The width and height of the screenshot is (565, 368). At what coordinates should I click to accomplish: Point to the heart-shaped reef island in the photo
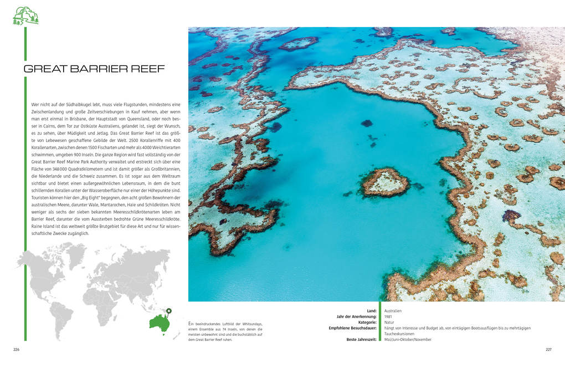[x=384, y=182]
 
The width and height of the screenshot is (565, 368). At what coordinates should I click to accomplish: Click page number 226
[x=17, y=349]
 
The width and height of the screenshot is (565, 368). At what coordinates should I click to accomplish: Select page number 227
[x=548, y=349]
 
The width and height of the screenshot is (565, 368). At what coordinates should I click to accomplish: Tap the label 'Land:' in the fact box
[x=371, y=311]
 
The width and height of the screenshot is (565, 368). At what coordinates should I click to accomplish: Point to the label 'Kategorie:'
[x=364, y=322]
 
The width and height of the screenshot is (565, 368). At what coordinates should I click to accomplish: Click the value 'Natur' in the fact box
[x=389, y=322]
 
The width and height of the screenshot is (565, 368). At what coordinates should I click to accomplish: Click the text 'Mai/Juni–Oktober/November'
[x=408, y=339]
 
